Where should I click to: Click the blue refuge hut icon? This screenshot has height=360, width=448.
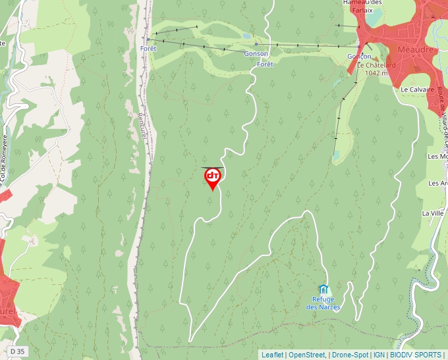(323, 289)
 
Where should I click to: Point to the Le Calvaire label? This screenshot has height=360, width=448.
(416, 89)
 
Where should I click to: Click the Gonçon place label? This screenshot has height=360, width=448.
(360, 57)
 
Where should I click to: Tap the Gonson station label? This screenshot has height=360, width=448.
(256, 53)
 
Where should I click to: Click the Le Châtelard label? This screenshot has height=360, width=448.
(376, 65)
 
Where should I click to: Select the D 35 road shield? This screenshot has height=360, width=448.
(18, 351)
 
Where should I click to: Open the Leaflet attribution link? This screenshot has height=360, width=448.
(272, 355)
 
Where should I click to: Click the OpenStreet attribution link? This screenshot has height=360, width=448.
(306, 355)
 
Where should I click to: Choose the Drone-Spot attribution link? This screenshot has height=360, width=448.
(349, 355)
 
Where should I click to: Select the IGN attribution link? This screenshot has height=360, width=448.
(379, 355)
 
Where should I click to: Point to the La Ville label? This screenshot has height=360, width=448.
(434, 213)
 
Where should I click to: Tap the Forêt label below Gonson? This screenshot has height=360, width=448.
(265, 64)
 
